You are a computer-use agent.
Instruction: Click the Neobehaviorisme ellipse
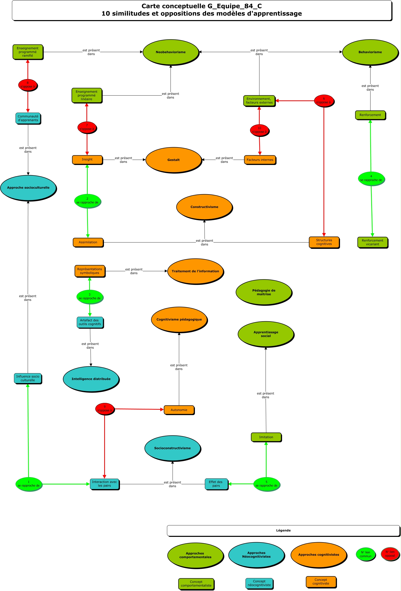coord(171,52)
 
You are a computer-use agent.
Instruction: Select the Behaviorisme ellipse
coord(370,52)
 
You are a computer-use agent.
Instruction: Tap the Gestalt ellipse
coord(173,160)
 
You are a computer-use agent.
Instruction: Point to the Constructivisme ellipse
coord(204,207)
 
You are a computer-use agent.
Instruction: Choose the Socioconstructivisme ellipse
coord(172,448)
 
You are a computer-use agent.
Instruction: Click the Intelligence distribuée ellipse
coord(91,379)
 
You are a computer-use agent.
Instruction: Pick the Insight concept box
coord(87,160)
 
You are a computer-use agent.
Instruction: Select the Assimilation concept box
coord(88,242)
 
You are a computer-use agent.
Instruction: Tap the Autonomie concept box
coord(179,410)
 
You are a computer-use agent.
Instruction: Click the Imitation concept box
coord(266,437)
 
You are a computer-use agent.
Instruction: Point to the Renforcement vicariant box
coord(372,242)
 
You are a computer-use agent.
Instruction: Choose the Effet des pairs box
coord(216,484)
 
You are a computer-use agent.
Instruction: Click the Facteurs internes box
coord(260,160)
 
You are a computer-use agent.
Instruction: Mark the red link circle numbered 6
coord(324,101)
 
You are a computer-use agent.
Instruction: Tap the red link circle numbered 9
coord(104,409)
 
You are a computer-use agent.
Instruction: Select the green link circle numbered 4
coord(371,178)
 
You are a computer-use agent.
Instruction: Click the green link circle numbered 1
coord(28,484)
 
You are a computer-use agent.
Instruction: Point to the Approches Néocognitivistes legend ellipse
coord(256,555)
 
